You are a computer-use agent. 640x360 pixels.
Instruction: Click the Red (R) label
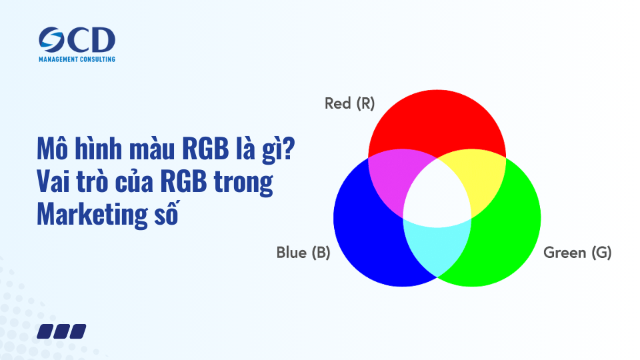coord(349,103)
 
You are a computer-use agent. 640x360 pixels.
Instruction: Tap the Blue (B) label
coord(303,253)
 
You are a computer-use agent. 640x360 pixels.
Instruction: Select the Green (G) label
coord(577,253)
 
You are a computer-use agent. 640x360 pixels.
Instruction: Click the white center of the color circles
coord(437,197)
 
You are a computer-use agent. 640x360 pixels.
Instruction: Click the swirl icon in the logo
coord(52,41)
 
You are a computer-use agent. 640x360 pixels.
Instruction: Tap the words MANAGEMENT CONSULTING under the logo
coord(77,59)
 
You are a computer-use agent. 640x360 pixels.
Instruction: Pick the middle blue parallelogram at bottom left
coord(62,331)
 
